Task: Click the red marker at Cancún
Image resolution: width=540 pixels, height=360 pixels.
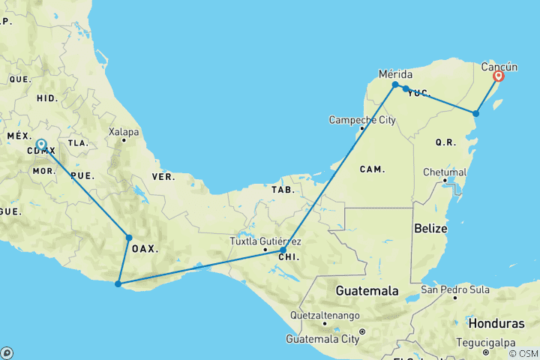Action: pyautogui.click(x=498, y=76)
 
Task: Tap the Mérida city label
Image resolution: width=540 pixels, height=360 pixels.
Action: pyautogui.click(x=396, y=74)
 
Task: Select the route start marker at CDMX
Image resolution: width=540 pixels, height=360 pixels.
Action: pyautogui.click(x=41, y=144)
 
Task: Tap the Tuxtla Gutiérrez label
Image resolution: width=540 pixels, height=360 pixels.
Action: pyautogui.click(x=266, y=241)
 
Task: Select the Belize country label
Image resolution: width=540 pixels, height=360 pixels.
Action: pyautogui.click(x=430, y=227)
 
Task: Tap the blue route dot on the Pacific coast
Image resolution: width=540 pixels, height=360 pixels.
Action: pyautogui.click(x=118, y=283)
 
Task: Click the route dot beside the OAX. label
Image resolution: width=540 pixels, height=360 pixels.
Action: pyautogui.click(x=129, y=238)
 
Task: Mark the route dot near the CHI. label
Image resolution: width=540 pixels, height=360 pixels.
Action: pyautogui.click(x=283, y=250)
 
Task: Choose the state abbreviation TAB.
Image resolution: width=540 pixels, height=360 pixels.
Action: pyautogui.click(x=283, y=190)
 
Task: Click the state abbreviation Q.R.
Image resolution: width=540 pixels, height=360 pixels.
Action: pyautogui.click(x=445, y=141)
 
